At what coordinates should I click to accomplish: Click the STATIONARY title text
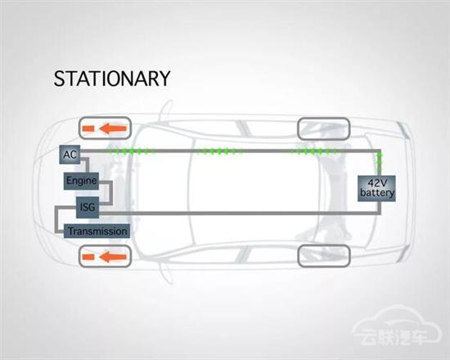coord(112,79)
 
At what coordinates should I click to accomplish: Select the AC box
coord(70,155)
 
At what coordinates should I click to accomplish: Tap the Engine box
coord(81,181)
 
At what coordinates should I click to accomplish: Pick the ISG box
coord(88,207)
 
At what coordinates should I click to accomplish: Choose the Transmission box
coord(97,231)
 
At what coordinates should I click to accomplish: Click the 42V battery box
coord(377,188)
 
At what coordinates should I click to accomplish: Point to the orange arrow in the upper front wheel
coord(113,128)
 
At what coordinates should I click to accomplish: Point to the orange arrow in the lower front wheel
coord(113,256)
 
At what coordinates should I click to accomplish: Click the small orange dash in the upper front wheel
coord(88,128)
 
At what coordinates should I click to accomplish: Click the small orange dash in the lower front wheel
coord(88,257)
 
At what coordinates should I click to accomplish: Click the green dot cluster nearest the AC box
coord(131,151)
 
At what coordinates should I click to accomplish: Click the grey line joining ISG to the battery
coord(240,213)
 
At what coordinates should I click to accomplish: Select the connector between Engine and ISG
coord(110,192)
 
